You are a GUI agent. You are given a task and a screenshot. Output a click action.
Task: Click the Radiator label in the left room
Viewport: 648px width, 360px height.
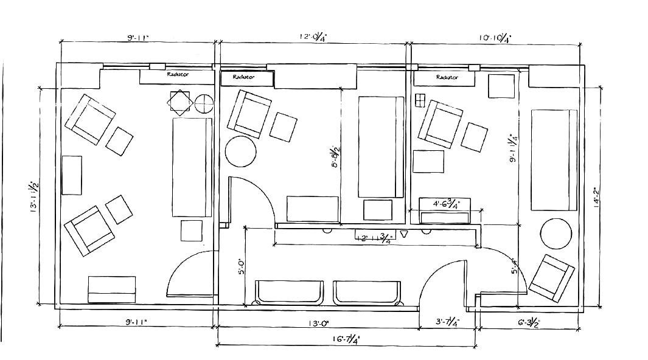pyautogui.click(x=178, y=74)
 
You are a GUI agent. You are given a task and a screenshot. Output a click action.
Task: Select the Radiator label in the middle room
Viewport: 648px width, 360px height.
pyautogui.click(x=243, y=78)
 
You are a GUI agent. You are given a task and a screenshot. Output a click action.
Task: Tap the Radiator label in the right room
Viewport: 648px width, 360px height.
pyautogui.click(x=447, y=78)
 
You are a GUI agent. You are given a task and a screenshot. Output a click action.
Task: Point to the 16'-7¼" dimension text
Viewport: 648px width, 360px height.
pyautogui.click(x=346, y=339)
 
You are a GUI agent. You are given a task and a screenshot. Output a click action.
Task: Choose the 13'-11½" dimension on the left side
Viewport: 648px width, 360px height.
pyautogui.click(x=33, y=195)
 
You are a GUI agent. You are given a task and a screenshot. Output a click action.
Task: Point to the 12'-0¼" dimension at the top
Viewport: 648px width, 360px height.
pyautogui.click(x=314, y=38)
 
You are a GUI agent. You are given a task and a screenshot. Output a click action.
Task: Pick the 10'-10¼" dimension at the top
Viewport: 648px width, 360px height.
pyautogui.click(x=494, y=38)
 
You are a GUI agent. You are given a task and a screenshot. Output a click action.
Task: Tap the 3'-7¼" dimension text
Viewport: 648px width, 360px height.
pyautogui.click(x=447, y=323)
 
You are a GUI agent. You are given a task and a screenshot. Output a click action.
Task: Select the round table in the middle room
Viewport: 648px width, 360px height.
pyautogui.click(x=241, y=151)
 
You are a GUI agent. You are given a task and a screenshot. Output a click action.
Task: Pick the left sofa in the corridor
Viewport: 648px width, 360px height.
pyautogui.click(x=290, y=292)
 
